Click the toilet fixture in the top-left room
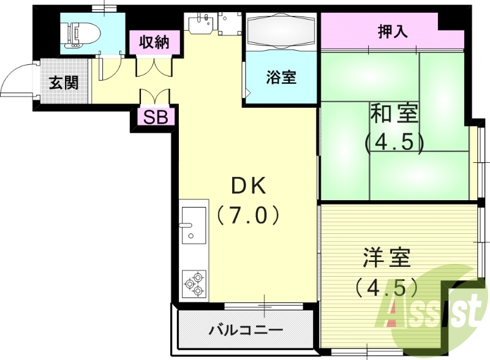click(x=80, y=33)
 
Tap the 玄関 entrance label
click(x=64, y=82)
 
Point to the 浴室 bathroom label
click(x=281, y=78)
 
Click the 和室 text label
click(x=394, y=114)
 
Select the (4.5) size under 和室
click(x=394, y=143)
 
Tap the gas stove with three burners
click(x=194, y=283)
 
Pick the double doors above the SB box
click(x=154, y=97)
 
